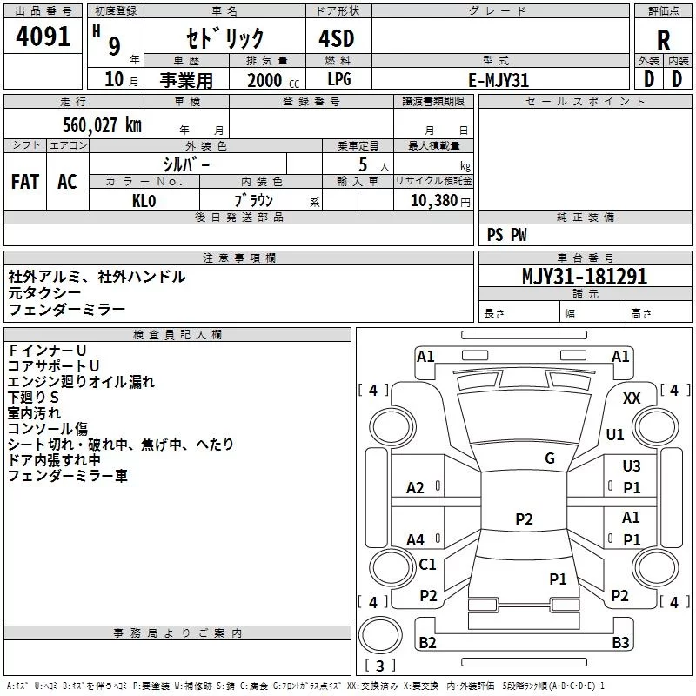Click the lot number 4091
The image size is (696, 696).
[43, 37]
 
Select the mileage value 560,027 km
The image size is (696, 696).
[102, 125]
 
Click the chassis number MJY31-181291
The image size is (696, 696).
[585, 277]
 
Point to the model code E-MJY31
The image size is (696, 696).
[499, 79]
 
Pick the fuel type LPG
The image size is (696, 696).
[339, 79]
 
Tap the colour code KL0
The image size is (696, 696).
[144, 199]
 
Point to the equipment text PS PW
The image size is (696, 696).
[507, 235]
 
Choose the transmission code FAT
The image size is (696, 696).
[24, 181]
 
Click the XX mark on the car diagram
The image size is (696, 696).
[632, 398]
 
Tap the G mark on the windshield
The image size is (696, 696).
[550, 458]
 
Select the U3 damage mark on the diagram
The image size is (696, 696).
[632, 466]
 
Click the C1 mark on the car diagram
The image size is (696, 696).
[427, 565]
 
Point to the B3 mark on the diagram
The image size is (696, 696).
[620, 643]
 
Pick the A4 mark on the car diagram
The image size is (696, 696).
[416, 540]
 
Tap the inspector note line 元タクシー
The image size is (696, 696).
[45, 293]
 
